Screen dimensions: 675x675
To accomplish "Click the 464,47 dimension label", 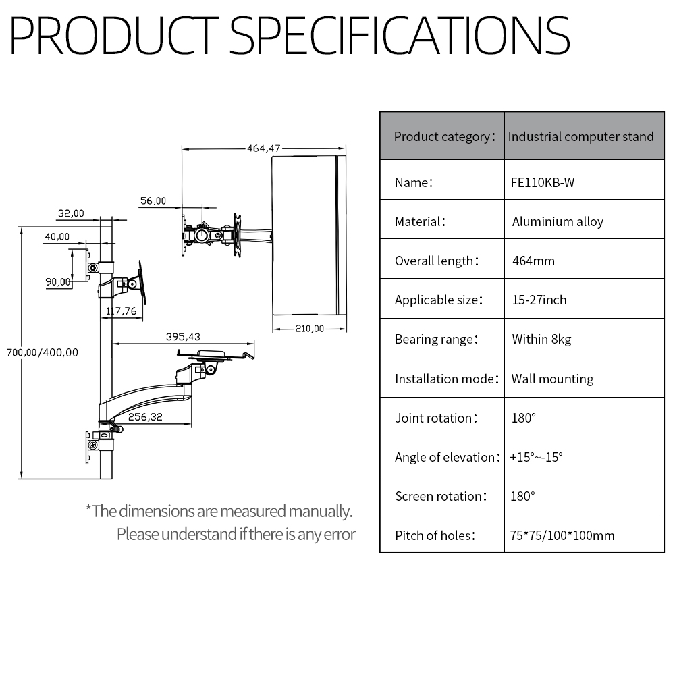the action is click(x=263, y=148).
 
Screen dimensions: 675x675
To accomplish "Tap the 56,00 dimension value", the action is click(x=153, y=200).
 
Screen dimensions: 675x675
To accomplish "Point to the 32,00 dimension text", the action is click(x=71, y=213).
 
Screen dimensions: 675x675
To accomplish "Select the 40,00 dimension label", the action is click(x=57, y=236).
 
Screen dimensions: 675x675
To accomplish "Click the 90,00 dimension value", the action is click(x=58, y=282).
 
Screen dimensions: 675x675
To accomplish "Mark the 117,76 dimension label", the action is click(x=122, y=310).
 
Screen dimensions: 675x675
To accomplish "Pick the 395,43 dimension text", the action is click(x=183, y=337).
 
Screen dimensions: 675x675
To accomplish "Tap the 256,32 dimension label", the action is click(x=145, y=416).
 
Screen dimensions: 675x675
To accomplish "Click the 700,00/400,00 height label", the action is click(x=42, y=352).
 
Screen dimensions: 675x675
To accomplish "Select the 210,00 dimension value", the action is click(x=310, y=329).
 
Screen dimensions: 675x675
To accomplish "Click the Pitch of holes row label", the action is click(x=435, y=535).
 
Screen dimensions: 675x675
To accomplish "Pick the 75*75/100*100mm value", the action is click(x=562, y=535).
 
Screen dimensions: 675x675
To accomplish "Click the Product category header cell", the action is click(x=442, y=136).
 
